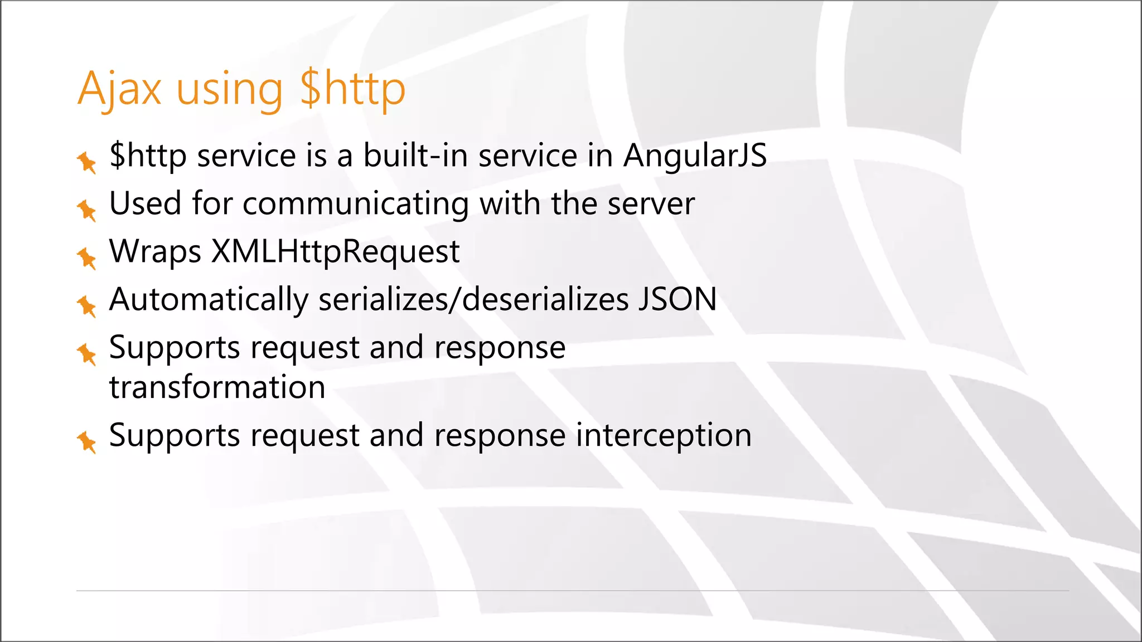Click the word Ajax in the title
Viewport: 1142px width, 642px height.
pos(119,89)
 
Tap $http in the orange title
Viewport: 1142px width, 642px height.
pos(352,89)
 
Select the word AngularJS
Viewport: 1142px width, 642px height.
pos(695,155)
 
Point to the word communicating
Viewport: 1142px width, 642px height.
pos(356,204)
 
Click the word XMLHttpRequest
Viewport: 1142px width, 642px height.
pos(335,252)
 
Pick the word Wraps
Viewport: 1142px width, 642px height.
pos(155,252)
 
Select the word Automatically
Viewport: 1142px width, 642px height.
pos(209,300)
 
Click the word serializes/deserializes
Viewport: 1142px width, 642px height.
pos(473,300)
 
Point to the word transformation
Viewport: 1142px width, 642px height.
pos(217,387)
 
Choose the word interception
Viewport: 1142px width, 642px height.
pos(664,435)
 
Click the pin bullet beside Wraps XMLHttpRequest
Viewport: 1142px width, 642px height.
pos(86,258)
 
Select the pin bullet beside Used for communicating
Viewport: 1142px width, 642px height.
pos(86,210)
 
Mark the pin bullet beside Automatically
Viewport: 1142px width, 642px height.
pos(86,306)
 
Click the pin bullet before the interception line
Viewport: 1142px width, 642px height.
pos(86,442)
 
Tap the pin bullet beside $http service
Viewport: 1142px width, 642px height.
pos(86,162)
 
